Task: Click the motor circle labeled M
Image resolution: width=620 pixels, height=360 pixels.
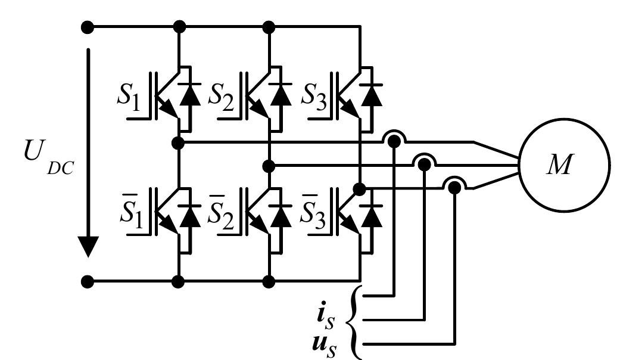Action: coord(564,166)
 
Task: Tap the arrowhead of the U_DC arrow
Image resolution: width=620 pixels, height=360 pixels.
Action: coord(88,246)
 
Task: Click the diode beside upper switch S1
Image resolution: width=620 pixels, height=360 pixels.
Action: coord(191,95)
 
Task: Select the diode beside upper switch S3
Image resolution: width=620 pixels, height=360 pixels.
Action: coord(373,95)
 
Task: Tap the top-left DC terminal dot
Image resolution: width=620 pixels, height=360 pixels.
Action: coord(88,27)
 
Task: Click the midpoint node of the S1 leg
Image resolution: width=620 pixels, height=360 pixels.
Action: coord(178,142)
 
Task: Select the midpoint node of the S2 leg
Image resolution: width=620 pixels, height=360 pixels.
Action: coord(269,166)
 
